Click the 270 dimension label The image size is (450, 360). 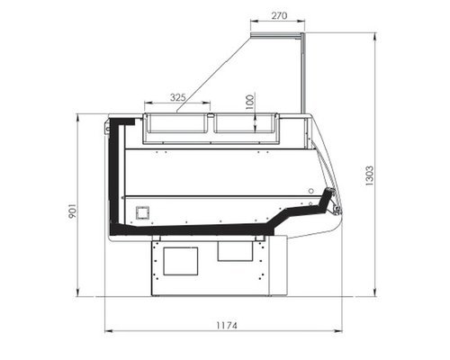(x=279, y=15)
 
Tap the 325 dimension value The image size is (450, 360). (x=178, y=97)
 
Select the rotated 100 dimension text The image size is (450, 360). (x=249, y=102)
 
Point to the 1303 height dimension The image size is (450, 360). (x=370, y=175)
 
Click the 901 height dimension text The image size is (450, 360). (x=73, y=211)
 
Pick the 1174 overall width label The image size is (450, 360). (x=227, y=326)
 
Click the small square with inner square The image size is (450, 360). (x=143, y=213)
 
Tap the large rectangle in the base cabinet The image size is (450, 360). (x=181, y=261)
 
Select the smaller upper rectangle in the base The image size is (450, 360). (x=235, y=250)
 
